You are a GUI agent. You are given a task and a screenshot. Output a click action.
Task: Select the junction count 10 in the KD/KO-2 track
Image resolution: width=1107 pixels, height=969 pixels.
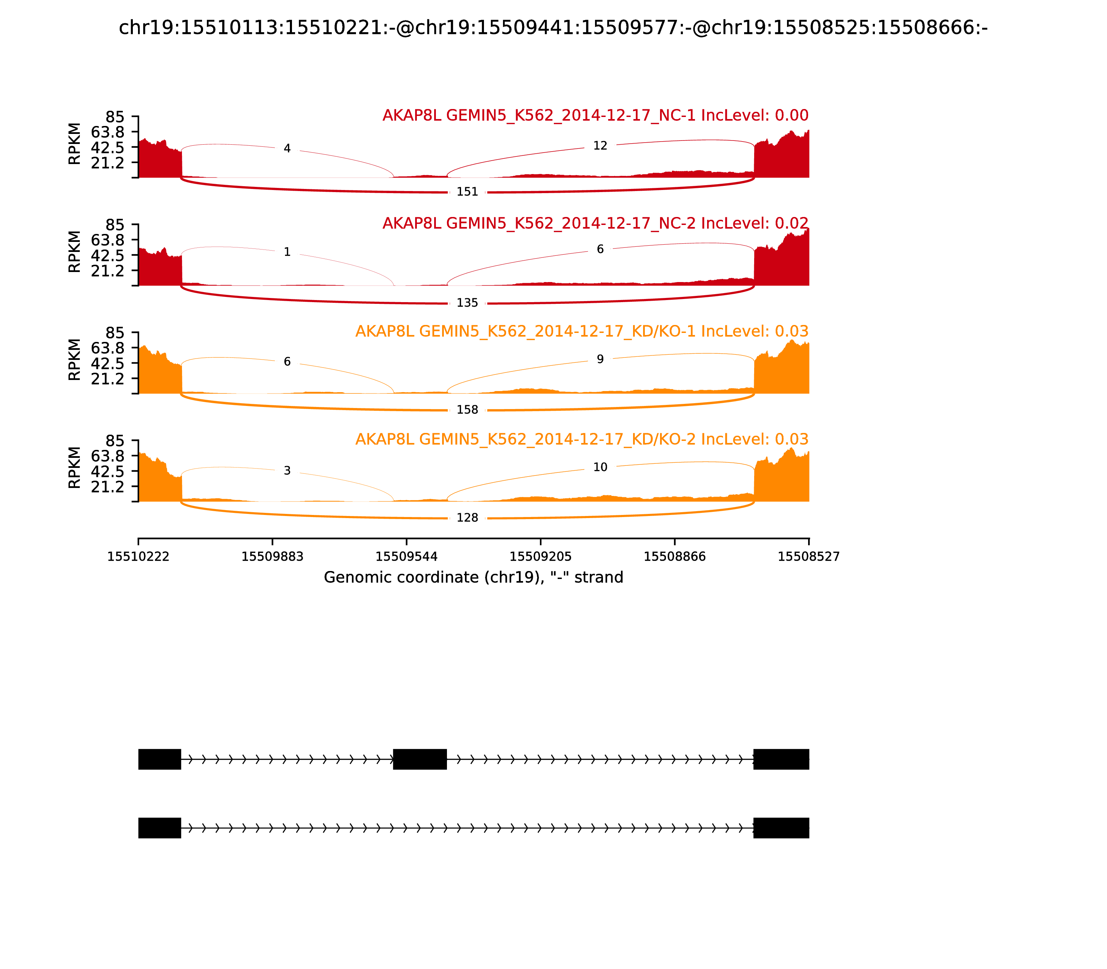(600, 467)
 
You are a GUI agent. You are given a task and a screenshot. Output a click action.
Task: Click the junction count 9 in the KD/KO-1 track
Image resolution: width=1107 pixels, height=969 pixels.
(600, 360)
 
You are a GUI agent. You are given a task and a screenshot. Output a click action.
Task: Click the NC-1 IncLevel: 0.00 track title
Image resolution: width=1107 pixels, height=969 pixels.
(595, 116)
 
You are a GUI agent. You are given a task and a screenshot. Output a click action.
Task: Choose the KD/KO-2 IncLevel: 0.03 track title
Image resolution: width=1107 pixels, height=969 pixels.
(582, 440)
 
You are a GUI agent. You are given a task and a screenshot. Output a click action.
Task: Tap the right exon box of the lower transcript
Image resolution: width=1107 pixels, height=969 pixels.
(781, 828)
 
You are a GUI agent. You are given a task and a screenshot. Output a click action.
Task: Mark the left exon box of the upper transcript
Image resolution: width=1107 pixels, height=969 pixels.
(159, 759)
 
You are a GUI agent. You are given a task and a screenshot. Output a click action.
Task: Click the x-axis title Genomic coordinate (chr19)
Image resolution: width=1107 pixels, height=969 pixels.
(474, 578)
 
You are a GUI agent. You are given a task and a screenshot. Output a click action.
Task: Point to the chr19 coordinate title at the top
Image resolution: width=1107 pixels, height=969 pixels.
(553, 28)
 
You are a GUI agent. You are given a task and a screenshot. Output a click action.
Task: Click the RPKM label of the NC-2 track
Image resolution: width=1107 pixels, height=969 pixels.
(75, 252)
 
